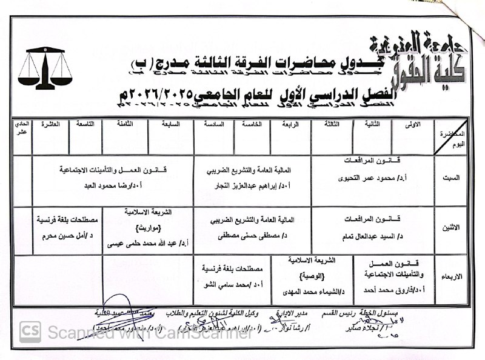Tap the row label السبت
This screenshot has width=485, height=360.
tap(453, 178)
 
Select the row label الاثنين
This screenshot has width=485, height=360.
tap(452, 227)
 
